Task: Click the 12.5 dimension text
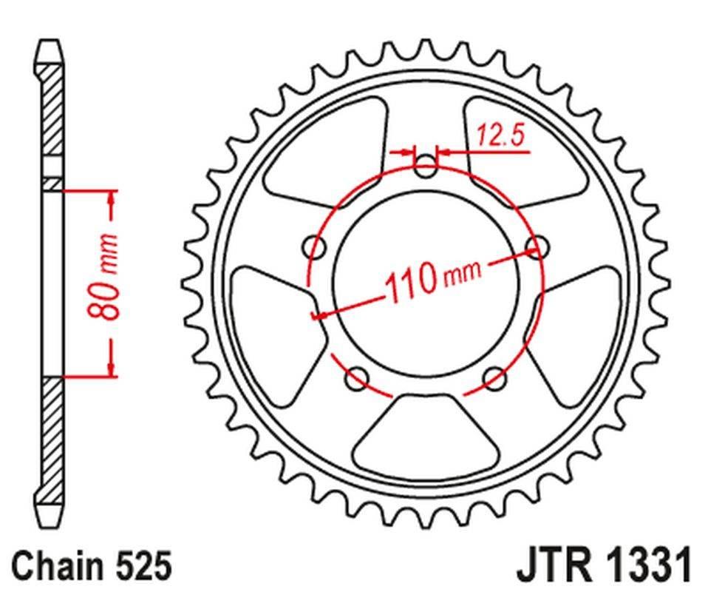coord(500,137)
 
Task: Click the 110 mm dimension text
coord(431,278)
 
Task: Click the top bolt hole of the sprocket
coord(426,166)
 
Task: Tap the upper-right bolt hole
coord(537,246)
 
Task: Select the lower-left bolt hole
coord(357,379)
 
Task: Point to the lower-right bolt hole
coord(495,379)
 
